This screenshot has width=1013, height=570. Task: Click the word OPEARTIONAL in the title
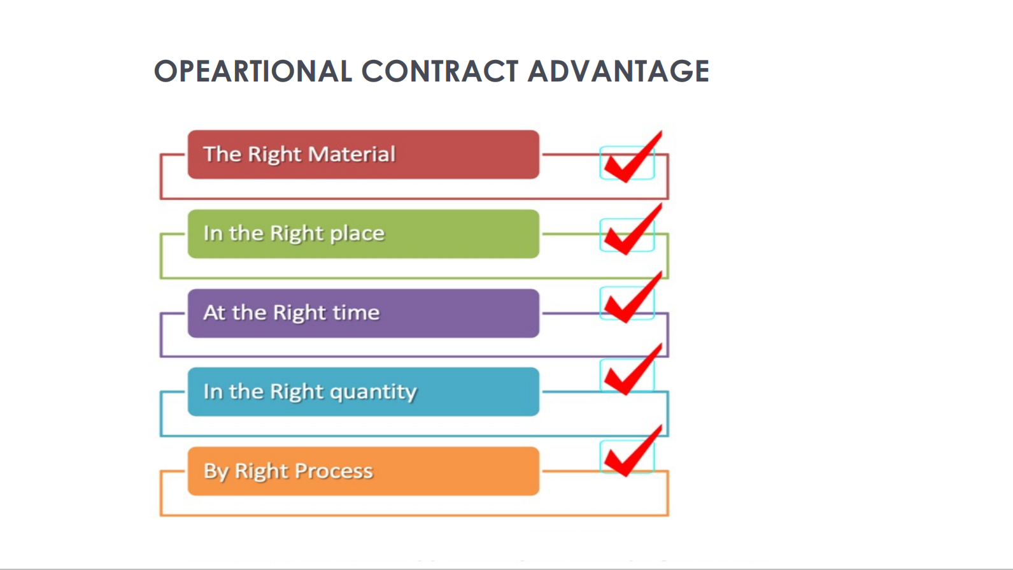253,71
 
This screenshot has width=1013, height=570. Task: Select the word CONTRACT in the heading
440,71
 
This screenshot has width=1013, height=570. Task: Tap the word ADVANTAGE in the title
619,71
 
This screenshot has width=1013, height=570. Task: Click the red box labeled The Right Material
364,154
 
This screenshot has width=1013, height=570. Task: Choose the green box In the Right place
364,234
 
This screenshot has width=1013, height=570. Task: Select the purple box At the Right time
364,313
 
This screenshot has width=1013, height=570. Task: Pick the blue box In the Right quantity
364,392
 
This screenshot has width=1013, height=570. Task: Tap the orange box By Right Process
364,471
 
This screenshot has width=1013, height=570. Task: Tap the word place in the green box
357,234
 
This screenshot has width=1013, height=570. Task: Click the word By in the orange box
216,473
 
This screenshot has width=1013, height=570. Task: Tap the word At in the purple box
215,312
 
